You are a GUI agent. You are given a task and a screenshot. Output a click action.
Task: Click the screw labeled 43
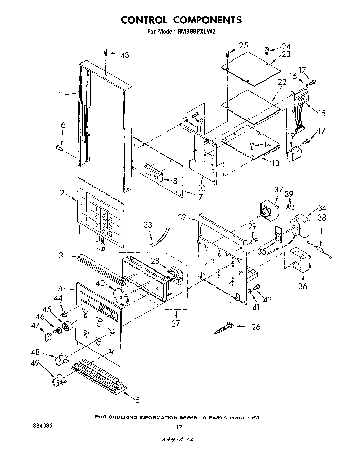[x=106, y=52]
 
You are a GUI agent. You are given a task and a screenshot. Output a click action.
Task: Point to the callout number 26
[x=256, y=327]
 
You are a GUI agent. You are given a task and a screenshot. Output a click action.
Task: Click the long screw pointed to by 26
[x=224, y=328]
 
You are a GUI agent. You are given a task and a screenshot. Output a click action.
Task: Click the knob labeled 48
[x=61, y=359]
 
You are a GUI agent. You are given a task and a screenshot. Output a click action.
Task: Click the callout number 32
[x=182, y=217]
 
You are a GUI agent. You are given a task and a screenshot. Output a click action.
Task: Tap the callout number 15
[x=321, y=113]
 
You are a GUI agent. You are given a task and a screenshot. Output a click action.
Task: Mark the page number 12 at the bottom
[x=179, y=427]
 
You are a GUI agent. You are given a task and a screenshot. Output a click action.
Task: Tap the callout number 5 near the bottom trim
[x=137, y=400]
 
